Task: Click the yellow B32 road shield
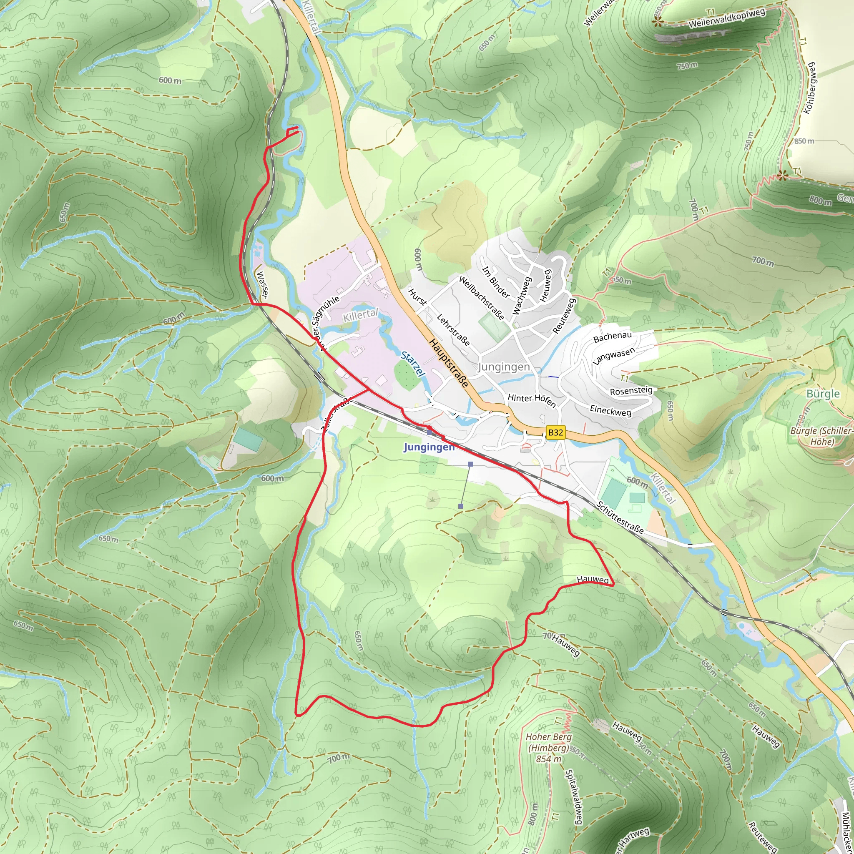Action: pyautogui.click(x=555, y=432)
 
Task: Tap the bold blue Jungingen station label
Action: pyautogui.click(x=429, y=447)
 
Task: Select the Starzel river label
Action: pyautogui.click(x=413, y=364)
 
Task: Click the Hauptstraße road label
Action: pyautogui.click(x=448, y=363)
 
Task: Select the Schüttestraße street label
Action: pyautogui.click(x=620, y=517)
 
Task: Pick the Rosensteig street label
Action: pyautogui.click(x=631, y=391)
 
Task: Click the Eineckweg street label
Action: pyautogui.click(x=610, y=411)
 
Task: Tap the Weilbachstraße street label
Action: pyautogui.click(x=481, y=298)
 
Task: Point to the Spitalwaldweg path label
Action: pyautogui.click(x=574, y=796)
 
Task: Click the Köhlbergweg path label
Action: pyautogui.click(x=810, y=88)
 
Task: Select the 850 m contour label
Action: pyautogui.click(x=804, y=141)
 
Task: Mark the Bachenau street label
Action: pyautogui.click(x=612, y=337)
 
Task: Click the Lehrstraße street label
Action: pyautogui.click(x=453, y=330)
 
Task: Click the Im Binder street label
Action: pyautogui.click(x=496, y=282)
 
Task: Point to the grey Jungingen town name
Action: pyautogui.click(x=503, y=367)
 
